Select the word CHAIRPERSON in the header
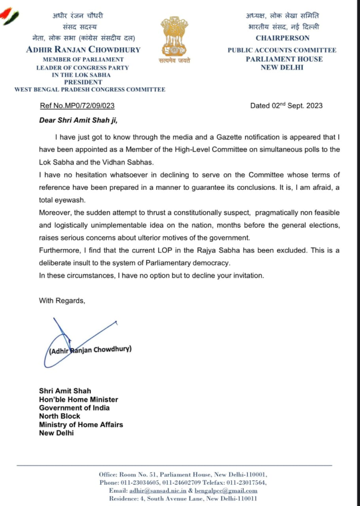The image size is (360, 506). coord(282,38)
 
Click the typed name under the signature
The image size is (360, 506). coord(90,349)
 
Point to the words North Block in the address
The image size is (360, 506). coord(59,416)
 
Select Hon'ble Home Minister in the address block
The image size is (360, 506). coord(79,399)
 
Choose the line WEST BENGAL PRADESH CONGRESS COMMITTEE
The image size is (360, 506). coord(90,89)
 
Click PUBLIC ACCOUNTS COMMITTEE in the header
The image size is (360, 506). coord(282,50)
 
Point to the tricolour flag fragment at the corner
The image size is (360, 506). coord(10,17)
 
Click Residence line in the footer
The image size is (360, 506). coord(183,499)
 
